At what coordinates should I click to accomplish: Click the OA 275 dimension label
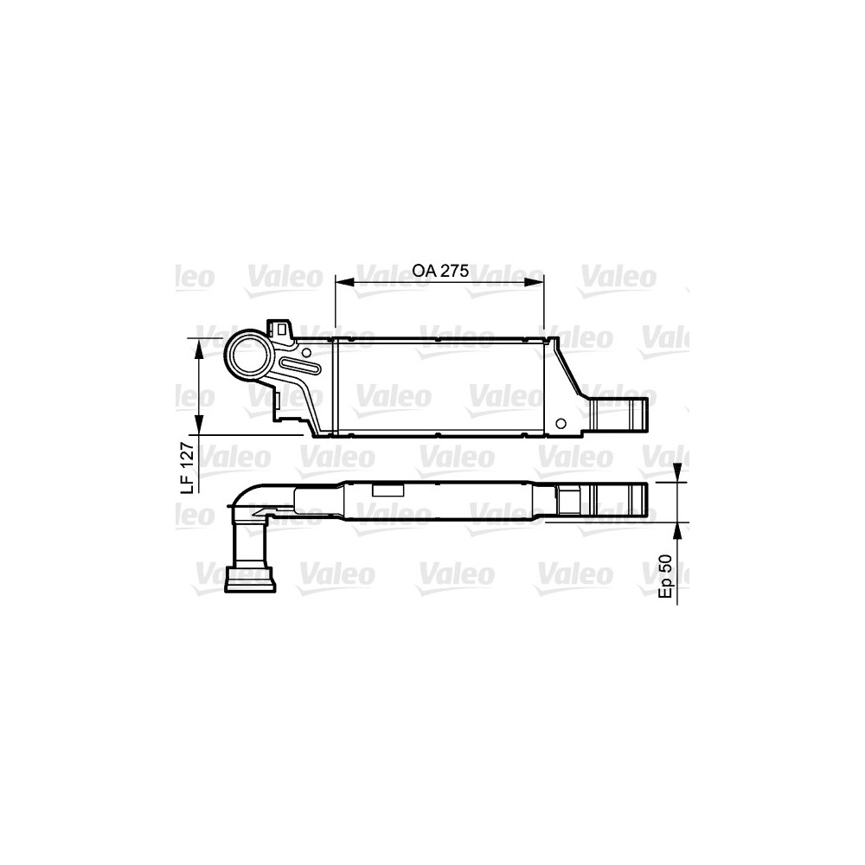pyautogui.click(x=440, y=270)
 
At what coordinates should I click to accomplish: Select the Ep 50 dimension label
pyautogui.click(x=665, y=575)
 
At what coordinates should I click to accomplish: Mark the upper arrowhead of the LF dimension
pyautogui.click(x=200, y=348)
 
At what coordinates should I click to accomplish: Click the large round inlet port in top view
pyautogui.click(x=248, y=356)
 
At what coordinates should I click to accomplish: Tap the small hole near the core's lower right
pyautogui.click(x=561, y=423)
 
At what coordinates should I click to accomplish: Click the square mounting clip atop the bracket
pyautogui.click(x=281, y=328)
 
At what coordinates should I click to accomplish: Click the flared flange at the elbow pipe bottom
pyautogui.click(x=249, y=580)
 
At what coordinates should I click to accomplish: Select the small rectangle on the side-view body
pyautogui.click(x=387, y=490)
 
